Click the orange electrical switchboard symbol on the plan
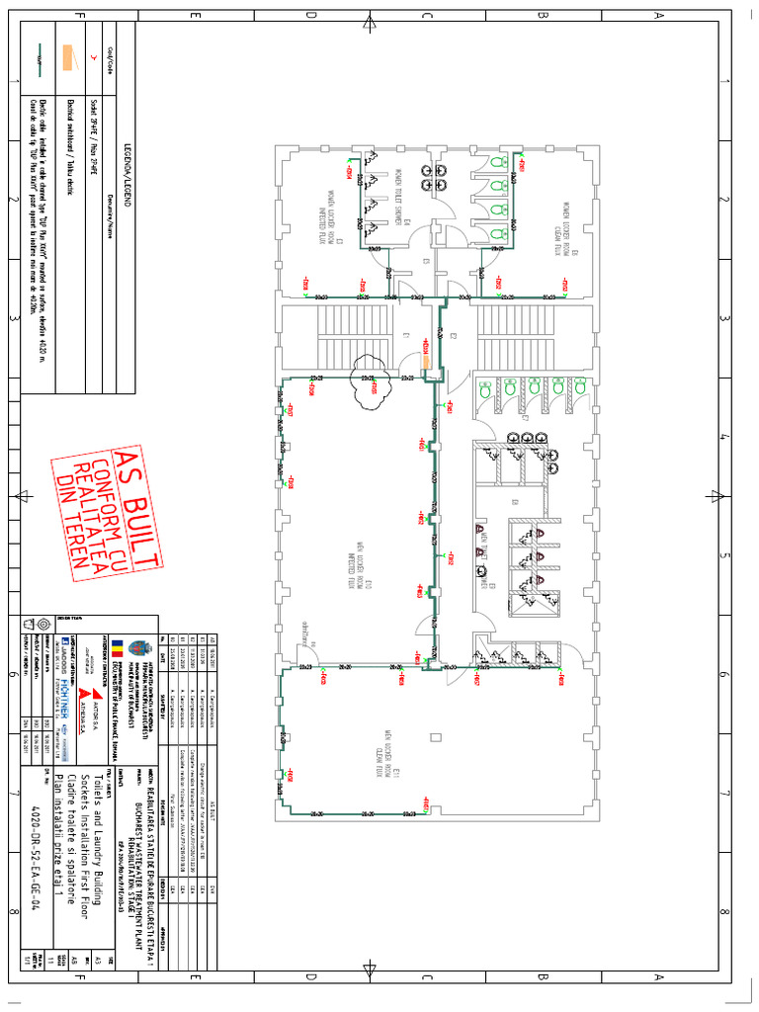pyautogui.click(x=427, y=358)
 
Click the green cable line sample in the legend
pyautogui.click(x=37, y=58)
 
